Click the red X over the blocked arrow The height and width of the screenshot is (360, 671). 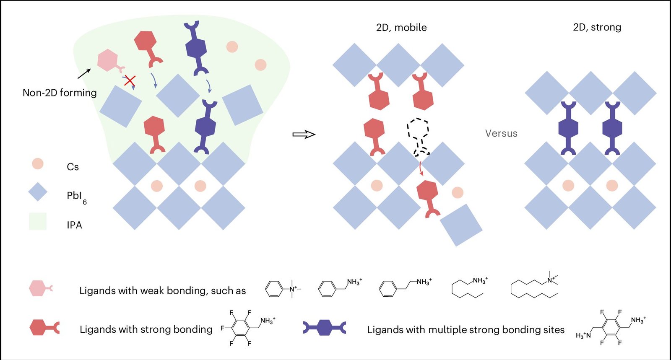[x=130, y=80]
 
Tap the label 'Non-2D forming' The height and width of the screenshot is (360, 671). [x=60, y=93]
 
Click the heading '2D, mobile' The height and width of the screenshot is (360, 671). [x=401, y=28]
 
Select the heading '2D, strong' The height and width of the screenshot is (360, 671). [x=597, y=27]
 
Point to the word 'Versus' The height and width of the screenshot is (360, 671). [x=501, y=133]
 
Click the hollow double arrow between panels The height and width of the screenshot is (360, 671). [x=304, y=134]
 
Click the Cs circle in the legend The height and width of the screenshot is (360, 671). [x=38, y=163]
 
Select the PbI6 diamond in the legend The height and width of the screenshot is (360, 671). [x=38, y=192]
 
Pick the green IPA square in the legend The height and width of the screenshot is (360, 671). [x=38, y=221]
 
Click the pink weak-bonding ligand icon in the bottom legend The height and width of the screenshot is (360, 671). [x=40, y=288]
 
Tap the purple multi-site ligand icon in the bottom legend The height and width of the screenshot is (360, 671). [x=325, y=327]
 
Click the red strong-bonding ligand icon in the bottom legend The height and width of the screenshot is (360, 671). [x=44, y=327]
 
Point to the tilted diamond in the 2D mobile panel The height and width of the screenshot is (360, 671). [x=461, y=225]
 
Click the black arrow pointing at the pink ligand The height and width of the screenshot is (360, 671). [x=84, y=74]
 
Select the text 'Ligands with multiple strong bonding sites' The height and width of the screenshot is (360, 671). [x=466, y=330]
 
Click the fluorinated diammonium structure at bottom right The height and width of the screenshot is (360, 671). [x=611, y=327]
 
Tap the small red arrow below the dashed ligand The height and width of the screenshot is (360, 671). [x=421, y=169]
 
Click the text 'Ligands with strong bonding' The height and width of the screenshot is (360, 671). [x=146, y=329]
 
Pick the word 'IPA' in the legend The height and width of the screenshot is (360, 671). [x=74, y=225]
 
